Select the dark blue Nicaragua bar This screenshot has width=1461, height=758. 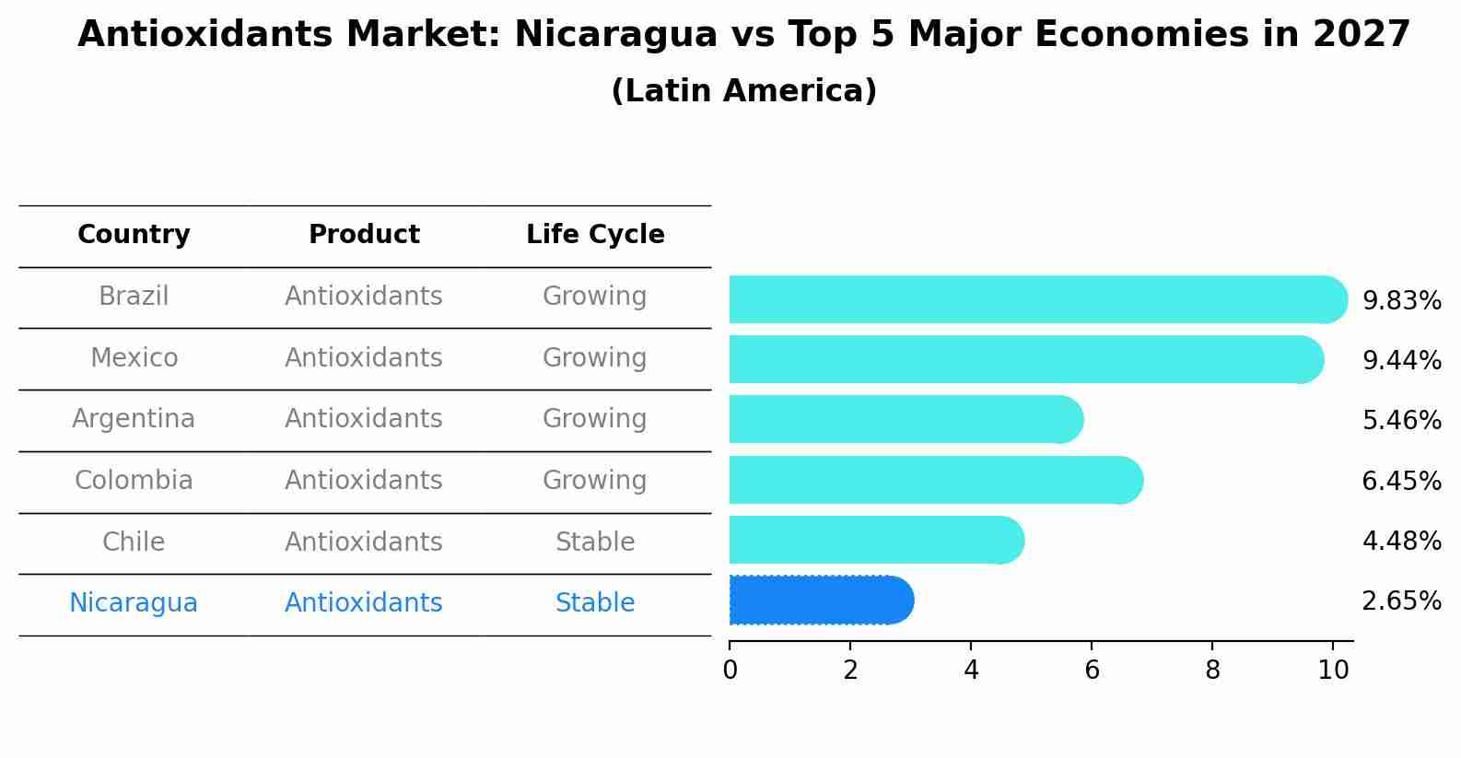point(820,601)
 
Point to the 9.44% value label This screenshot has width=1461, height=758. point(1401,360)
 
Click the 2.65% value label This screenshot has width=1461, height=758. point(1401,601)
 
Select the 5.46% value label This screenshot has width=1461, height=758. point(1401,421)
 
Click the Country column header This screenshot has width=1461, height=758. point(134,235)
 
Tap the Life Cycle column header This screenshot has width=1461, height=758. point(595,235)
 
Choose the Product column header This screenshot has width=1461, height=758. point(364,235)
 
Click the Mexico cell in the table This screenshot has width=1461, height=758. point(134,357)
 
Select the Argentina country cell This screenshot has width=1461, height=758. point(134,419)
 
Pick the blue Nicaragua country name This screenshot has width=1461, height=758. point(134,603)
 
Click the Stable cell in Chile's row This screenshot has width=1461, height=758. point(595,542)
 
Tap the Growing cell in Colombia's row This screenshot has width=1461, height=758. point(595,480)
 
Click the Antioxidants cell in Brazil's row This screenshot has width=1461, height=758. point(364,297)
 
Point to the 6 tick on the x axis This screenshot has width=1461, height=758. point(1092,670)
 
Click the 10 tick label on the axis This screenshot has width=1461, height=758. point(1333,670)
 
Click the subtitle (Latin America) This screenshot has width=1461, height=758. point(743,91)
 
